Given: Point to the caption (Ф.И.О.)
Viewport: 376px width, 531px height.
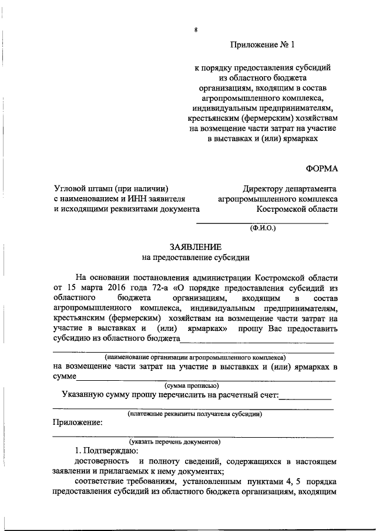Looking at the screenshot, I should coord(262,228).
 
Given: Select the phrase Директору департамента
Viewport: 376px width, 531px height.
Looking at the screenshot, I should coord(290,188).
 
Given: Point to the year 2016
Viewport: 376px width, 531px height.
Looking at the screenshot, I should coord(119,288).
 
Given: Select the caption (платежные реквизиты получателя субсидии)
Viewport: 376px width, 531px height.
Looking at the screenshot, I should coord(194,414).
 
